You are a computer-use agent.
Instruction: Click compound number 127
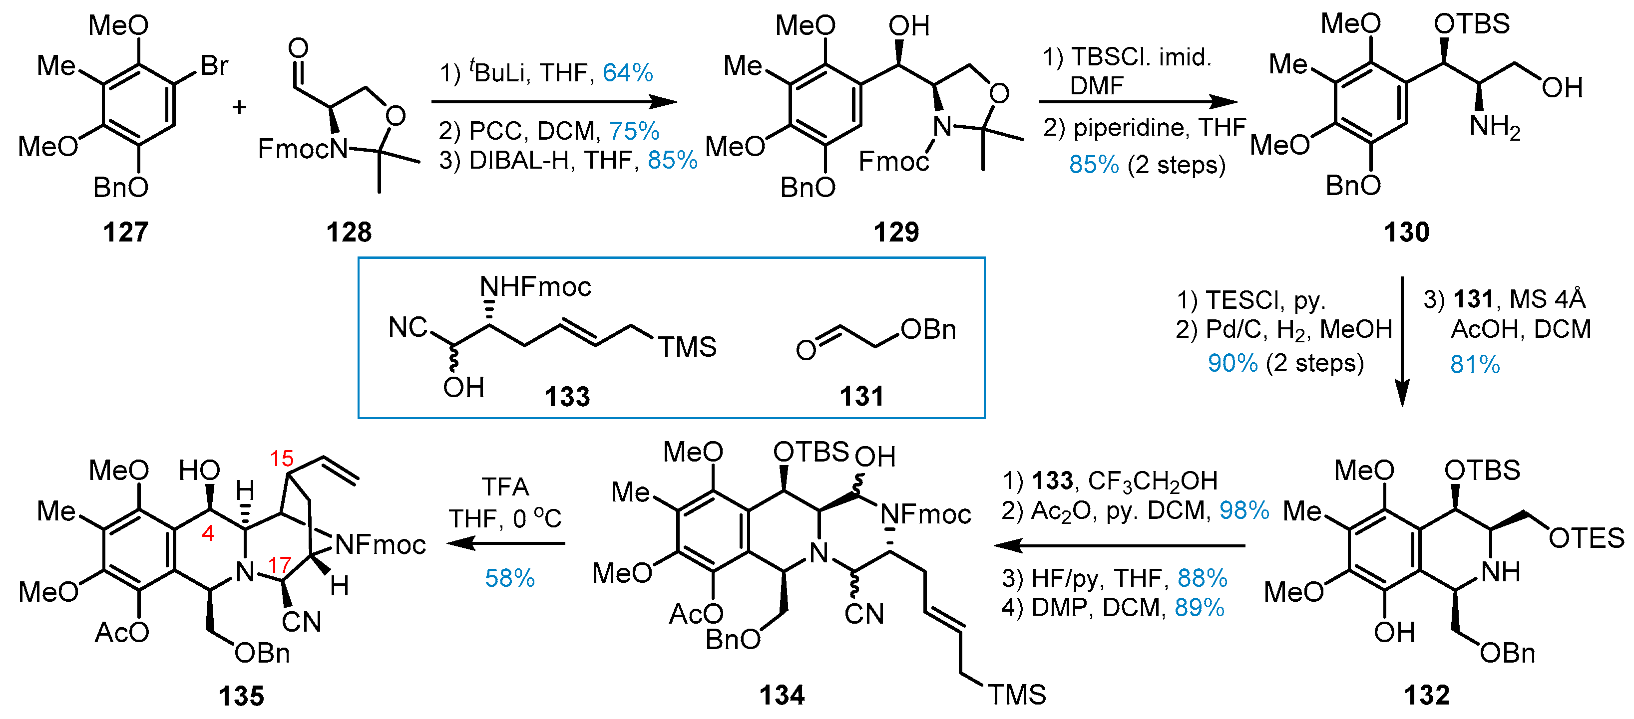pyautogui.click(x=125, y=232)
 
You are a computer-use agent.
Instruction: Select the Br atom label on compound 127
pyautogui.click(x=214, y=65)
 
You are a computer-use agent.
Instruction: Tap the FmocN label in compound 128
pyautogui.click(x=303, y=150)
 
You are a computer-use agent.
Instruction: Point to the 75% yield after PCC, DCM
pyautogui.click(x=634, y=131)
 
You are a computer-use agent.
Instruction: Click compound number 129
pyautogui.click(x=896, y=232)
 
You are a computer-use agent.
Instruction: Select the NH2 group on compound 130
pyautogui.click(x=1495, y=126)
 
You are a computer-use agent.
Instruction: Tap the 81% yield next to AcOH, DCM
pyautogui.click(x=1474, y=365)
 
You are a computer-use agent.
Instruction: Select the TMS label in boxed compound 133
pyautogui.click(x=687, y=347)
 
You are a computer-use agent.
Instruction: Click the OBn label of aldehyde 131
pyautogui.click(x=927, y=329)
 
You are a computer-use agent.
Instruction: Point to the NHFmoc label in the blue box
pyautogui.click(x=535, y=287)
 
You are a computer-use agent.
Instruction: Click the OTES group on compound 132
pyautogui.click(x=1586, y=538)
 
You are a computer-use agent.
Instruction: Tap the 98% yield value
pyautogui.click(x=1243, y=510)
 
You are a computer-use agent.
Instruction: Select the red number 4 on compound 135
pyautogui.click(x=207, y=533)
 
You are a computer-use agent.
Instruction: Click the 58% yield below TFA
pyautogui.click(x=509, y=578)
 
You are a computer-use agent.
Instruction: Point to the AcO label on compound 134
pyautogui.click(x=695, y=613)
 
